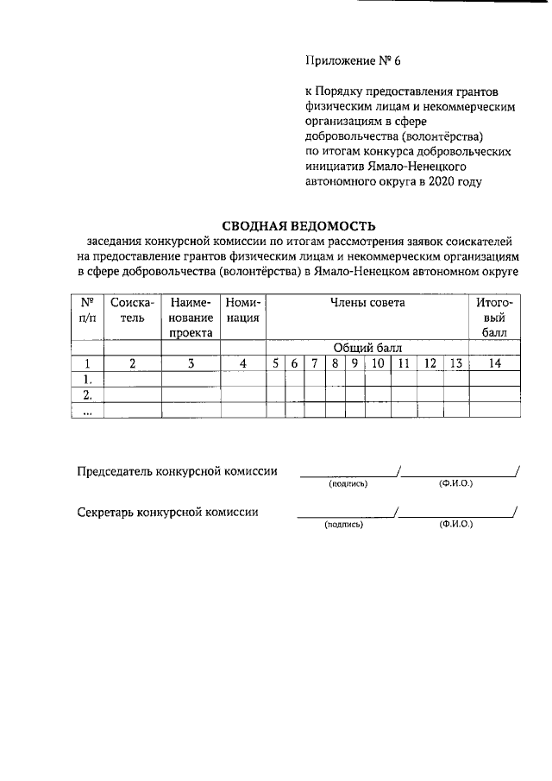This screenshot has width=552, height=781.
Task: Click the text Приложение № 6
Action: (354, 60)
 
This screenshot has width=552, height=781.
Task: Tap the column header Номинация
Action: (243, 310)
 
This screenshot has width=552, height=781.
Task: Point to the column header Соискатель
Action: (132, 310)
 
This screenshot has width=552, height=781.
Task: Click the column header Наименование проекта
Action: (191, 317)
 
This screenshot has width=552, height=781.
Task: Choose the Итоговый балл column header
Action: (494, 317)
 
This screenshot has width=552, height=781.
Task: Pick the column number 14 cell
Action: (494, 363)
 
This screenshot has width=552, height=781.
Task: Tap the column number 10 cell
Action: (378, 363)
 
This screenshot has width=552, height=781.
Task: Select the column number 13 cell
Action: (456, 363)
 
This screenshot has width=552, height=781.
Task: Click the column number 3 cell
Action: (191, 363)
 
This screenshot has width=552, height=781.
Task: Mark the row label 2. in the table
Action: (86, 394)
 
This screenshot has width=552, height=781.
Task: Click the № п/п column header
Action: (86, 310)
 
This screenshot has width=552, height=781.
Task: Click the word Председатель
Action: (118, 471)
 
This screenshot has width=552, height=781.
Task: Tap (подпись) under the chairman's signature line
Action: (348, 484)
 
